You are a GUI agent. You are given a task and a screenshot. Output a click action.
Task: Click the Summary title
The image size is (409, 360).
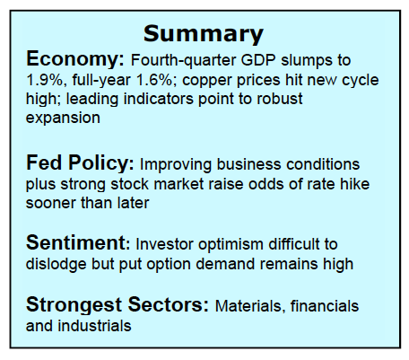(x=204, y=34)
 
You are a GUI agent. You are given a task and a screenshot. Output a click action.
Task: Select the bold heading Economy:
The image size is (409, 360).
(x=75, y=59)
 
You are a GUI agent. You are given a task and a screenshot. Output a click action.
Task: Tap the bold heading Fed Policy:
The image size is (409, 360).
(x=80, y=163)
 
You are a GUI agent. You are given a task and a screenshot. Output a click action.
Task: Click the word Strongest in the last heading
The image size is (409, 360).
(x=74, y=305)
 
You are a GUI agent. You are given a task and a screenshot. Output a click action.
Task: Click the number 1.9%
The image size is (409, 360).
(x=45, y=80)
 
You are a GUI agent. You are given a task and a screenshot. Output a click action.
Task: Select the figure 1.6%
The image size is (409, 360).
(x=154, y=80)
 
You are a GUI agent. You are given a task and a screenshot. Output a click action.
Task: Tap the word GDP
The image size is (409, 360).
(x=258, y=60)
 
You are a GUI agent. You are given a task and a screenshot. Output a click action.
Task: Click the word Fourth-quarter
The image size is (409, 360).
(x=183, y=61)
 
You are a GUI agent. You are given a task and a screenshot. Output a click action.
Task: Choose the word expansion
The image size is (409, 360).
(x=63, y=119)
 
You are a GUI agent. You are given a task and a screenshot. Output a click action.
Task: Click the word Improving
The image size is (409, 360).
(x=176, y=165)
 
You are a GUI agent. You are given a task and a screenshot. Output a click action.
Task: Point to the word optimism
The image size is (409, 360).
(x=231, y=245)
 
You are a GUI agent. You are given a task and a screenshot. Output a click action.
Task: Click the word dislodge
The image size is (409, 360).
(x=57, y=264)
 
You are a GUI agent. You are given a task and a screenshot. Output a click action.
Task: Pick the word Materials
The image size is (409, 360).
(x=249, y=306)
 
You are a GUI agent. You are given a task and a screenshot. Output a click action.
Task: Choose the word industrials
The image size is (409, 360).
(x=94, y=326)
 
